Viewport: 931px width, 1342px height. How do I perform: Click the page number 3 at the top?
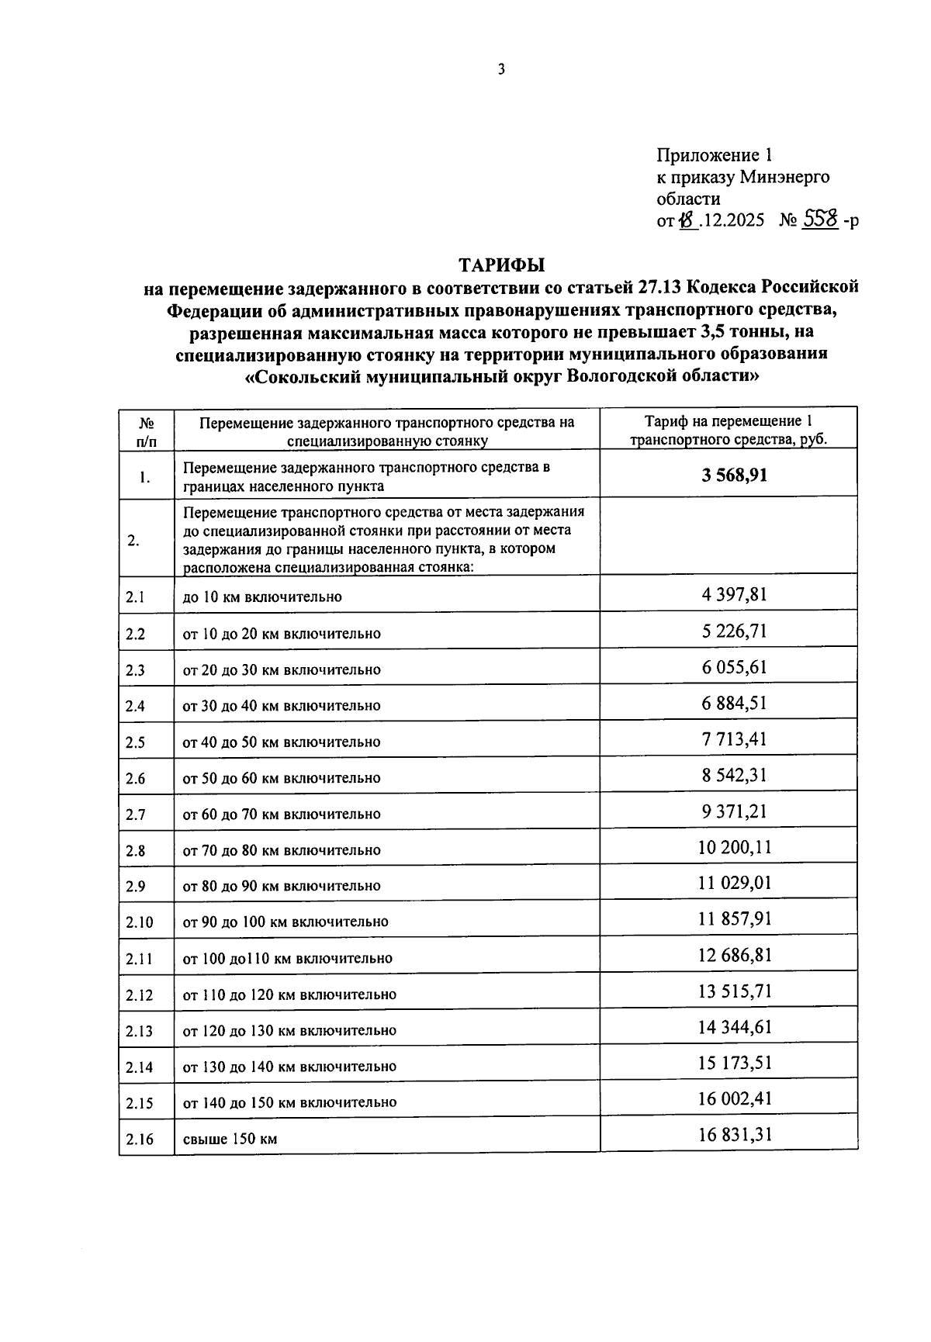pos(501,70)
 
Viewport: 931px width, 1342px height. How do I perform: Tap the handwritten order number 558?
pos(820,220)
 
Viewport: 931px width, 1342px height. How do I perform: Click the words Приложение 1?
pos(715,154)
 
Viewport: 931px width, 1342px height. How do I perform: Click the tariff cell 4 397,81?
pos(734,595)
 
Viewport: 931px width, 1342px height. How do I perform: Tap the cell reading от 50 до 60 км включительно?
pos(282,778)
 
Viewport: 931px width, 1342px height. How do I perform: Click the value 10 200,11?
pos(734,847)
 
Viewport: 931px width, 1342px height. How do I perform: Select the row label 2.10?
pos(140,922)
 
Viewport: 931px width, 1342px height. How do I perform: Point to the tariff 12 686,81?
pos(734,955)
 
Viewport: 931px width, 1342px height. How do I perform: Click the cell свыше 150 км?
pos(230,1140)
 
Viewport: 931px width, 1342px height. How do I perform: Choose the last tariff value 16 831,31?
pos(734,1136)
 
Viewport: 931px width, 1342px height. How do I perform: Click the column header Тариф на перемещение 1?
pos(728,422)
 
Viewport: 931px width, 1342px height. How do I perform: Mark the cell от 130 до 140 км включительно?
pos(289,1067)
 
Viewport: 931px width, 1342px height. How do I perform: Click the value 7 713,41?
pos(734,739)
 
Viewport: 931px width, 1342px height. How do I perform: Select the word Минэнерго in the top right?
pos(784,177)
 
